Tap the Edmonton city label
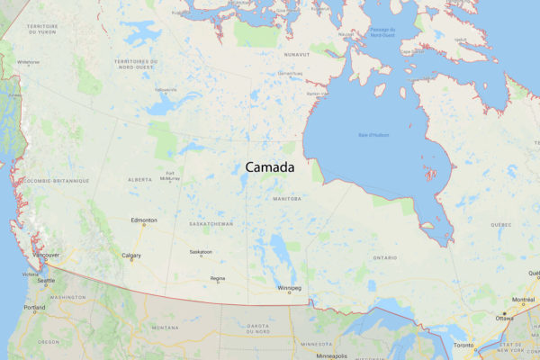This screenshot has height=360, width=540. click(x=144, y=220)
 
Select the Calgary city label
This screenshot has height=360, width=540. click(x=131, y=256)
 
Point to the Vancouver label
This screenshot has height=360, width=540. click(x=46, y=255)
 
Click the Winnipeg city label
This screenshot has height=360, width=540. click(x=290, y=288)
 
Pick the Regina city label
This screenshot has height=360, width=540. click(x=218, y=279)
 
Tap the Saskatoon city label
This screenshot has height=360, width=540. click(x=200, y=252)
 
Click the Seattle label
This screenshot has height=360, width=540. click(x=45, y=281)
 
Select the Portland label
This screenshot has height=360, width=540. click(x=35, y=308)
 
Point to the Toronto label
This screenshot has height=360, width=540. click(x=464, y=346)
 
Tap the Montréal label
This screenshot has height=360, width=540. click(x=524, y=300)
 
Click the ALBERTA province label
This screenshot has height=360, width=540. click(x=140, y=179)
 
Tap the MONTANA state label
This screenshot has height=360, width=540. click(x=165, y=328)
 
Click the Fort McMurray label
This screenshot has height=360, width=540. click(x=171, y=175)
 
